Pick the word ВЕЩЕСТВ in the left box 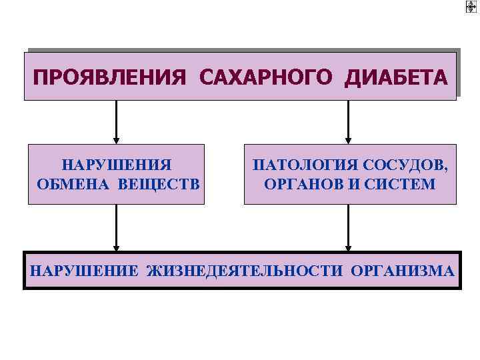[x=159, y=183]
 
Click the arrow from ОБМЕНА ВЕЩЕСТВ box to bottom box [x=117, y=227]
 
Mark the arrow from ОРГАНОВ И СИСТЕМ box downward [x=349, y=227]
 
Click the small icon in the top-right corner [x=471, y=7]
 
